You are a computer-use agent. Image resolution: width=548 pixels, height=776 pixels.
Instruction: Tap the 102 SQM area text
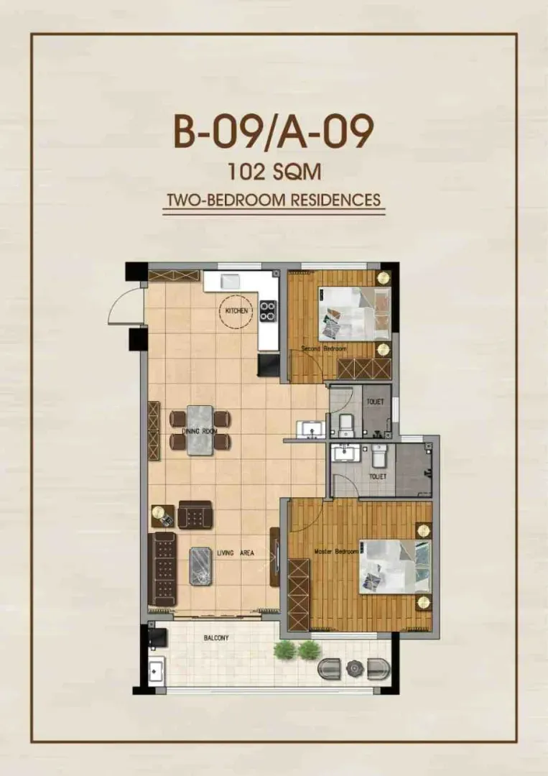coord(274,172)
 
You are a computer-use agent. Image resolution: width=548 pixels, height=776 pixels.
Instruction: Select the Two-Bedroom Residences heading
coord(274,200)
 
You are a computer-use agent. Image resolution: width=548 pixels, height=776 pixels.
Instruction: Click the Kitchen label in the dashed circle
coord(236,311)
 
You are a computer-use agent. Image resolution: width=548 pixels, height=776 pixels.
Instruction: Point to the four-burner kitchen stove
coord(268,311)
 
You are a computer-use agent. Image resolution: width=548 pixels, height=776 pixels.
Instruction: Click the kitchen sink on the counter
coord(231,281)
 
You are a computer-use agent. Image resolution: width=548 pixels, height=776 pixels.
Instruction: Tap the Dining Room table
coord(200,430)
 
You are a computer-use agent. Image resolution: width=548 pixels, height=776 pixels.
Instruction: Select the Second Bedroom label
coord(324,349)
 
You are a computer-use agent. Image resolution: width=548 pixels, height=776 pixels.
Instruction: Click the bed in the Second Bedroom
coord(355,314)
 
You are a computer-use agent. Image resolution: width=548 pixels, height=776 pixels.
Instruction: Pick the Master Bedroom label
coord(336,551)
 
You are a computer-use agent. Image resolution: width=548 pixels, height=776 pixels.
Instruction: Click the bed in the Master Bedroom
coord(396,567)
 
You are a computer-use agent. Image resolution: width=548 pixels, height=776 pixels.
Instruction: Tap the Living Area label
coord(236,553)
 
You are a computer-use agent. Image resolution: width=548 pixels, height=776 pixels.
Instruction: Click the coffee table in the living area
coord(200,565)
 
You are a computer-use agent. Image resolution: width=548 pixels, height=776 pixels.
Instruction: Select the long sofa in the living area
coord(163,569)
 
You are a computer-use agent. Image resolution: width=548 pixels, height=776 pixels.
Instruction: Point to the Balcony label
coord(216,638)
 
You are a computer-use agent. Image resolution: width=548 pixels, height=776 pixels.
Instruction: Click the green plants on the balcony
coord(296,650)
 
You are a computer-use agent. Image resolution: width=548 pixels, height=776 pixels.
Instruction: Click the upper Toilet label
coord(375,402)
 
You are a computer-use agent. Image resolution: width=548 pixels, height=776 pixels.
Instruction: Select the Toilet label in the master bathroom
coord(377,476)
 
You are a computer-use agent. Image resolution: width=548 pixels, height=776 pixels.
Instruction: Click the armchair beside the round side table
coord(195,514)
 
